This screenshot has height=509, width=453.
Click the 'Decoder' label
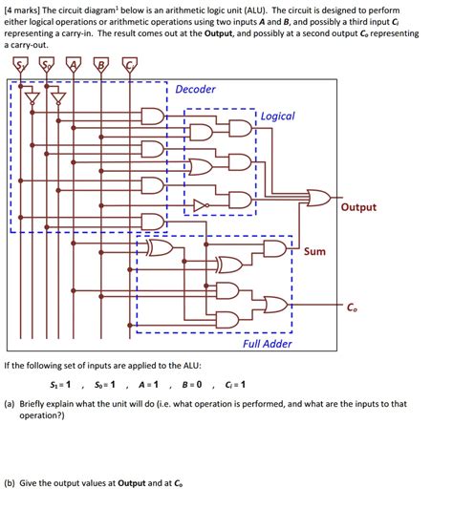click(195, 90)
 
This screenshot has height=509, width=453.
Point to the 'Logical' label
click(278, 116)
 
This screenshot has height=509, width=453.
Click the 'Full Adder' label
click(268, 344)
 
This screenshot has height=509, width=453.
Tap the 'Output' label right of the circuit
click(358, 207)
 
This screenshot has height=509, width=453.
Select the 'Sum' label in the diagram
click(314, 252)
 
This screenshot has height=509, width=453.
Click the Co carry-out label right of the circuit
click(352, 307)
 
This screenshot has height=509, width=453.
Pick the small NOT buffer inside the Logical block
click(200, 203)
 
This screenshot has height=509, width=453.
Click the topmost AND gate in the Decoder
click(152, 117)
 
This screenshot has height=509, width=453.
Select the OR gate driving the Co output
click(274, 306)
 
